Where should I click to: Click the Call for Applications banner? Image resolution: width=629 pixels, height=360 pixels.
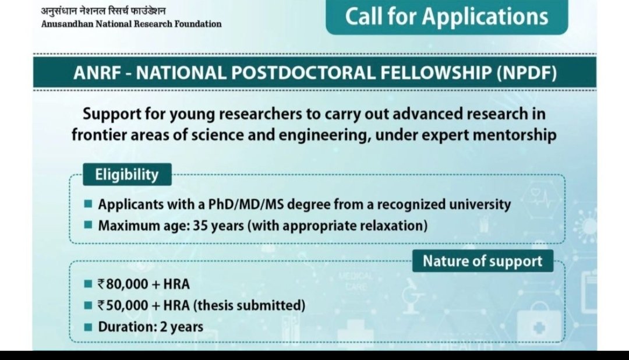(x=447, y=16)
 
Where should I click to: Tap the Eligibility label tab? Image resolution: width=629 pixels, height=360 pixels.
(x=127, y=175)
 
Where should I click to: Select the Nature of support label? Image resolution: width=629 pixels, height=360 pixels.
(x=482, y=261)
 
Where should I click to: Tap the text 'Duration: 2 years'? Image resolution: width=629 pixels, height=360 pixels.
(x=150, y=326)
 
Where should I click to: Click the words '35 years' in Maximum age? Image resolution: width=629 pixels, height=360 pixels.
(x=218, y=225)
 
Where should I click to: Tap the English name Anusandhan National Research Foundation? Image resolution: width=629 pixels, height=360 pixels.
(x=131, y=24)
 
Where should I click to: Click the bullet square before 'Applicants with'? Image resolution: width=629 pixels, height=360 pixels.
(x=87, y=204)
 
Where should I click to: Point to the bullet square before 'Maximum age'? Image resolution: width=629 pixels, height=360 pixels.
(x=87, y=225)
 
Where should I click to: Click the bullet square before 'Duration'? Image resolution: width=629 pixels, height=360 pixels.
(x=87, y=326)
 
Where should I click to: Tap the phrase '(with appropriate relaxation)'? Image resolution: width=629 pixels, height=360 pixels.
(x=338, y=225)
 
